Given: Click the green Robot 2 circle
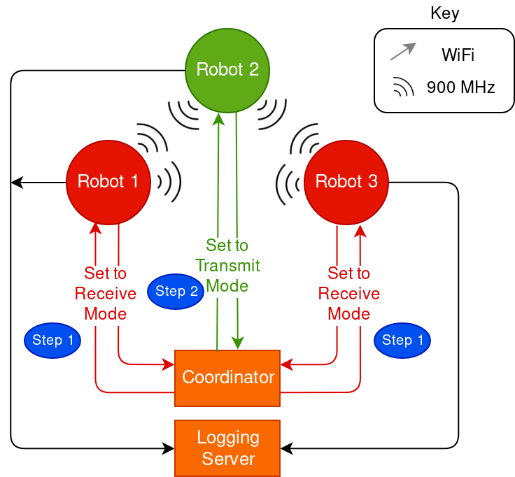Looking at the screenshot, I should [227, 70].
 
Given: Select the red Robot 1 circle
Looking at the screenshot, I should [108, 182].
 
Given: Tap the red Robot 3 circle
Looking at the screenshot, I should [346, 182].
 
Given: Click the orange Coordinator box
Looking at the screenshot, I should [227, 378].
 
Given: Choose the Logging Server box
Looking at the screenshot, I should [227, 448].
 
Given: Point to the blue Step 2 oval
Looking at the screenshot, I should [176, 292].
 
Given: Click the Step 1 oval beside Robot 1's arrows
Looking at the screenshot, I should [52, 341].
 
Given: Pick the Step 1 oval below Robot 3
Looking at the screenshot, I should [402, 341].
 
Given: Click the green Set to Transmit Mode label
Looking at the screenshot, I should [227, 266].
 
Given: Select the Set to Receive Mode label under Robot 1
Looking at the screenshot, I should [106, 293].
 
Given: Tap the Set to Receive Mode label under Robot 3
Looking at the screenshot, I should [349, 293].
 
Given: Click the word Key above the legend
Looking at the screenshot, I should [444, 13].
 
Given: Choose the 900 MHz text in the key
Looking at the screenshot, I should [461, 87].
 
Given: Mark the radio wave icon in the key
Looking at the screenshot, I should [403, 87].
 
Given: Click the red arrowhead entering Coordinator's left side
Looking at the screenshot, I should [169, 364].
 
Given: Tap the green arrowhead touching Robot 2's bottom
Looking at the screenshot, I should [219, 118].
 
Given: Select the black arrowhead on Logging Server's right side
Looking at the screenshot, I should [285, 447].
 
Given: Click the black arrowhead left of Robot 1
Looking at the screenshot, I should [16, 183].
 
